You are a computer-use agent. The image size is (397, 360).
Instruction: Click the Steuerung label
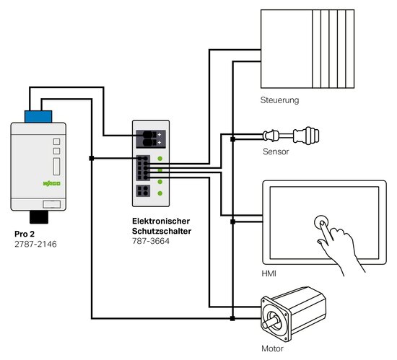click(x=279, y=100)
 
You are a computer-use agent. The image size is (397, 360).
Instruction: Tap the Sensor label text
click(x=276, y=152)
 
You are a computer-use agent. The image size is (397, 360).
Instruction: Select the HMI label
click(x=269, y=273)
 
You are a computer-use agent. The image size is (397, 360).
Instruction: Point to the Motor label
click(x=272, y=348)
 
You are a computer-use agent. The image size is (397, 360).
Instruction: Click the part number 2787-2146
click(x=35, y=244)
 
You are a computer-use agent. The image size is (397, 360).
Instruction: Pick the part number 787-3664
click(x=151, y=241)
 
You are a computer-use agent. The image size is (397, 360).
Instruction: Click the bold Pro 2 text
click(x=25, y=234)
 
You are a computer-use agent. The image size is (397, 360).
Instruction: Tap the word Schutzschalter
click(x=162, y=231)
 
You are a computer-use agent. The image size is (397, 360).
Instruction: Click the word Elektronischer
click(x=161, y=221)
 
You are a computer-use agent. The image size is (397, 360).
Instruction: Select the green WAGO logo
click(x=52, y=183)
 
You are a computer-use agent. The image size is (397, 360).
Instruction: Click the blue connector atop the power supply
click(x=38, y=116)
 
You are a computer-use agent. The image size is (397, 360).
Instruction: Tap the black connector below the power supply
click(x=39, y=217)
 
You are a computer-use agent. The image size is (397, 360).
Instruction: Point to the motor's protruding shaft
click(x=269, y=324)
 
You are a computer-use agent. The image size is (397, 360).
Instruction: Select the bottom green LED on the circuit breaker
click(x=160, y=193)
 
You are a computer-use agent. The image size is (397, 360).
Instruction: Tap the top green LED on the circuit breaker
click(x=160, y=159)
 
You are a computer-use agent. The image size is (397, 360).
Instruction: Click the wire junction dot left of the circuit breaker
click(x=92, y=159)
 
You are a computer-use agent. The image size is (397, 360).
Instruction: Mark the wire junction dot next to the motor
click(x=232, y=318)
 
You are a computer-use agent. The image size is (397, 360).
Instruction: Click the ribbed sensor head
click(x=306, y=136)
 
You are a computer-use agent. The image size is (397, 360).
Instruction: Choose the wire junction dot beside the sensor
click(x=232, y=139)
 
